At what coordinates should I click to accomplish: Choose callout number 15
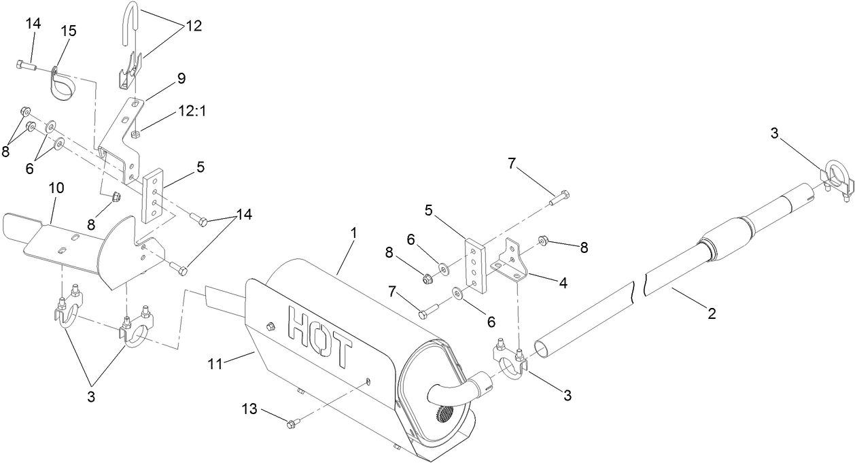(69, 31)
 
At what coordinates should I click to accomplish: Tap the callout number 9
(181, 78)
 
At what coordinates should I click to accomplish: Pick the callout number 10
(56, 187)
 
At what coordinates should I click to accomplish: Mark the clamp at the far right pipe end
(835, 178)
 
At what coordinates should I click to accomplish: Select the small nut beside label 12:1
(136, 133)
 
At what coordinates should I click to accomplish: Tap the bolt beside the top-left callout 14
(22, 65)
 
